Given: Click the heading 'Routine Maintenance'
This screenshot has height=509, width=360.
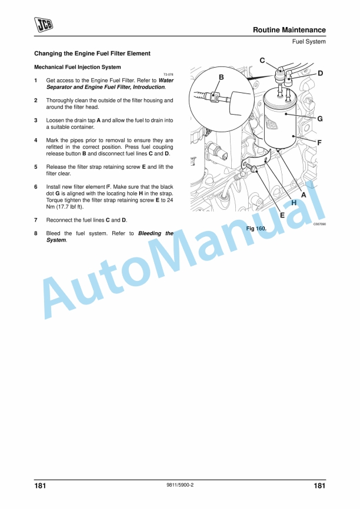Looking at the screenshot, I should tap(289, 30).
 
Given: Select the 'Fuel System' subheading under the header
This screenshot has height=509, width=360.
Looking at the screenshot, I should tap(309, 42).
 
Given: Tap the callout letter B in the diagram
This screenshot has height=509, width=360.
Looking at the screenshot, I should tap(221, 78).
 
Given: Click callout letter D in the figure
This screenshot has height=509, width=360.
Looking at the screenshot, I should tap(321, 73).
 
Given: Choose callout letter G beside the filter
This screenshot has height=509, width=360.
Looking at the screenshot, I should tap(320, 119).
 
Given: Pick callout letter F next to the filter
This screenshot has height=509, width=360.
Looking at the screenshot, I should tap(319, 142).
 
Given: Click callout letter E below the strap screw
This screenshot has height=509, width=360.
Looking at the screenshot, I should tap(282, 215).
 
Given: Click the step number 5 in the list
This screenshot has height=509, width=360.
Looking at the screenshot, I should tap(36, 166).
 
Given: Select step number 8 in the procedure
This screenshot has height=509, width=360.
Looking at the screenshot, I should tap(36, 233).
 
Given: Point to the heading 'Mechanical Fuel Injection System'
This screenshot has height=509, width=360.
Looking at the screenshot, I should tap(78, 67).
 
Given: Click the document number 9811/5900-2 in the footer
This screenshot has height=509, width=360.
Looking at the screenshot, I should tap(181, 485).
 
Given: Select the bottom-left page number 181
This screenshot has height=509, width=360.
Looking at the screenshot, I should tap(40, 485).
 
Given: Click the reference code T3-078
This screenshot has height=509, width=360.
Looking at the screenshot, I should tap(168, 75).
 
